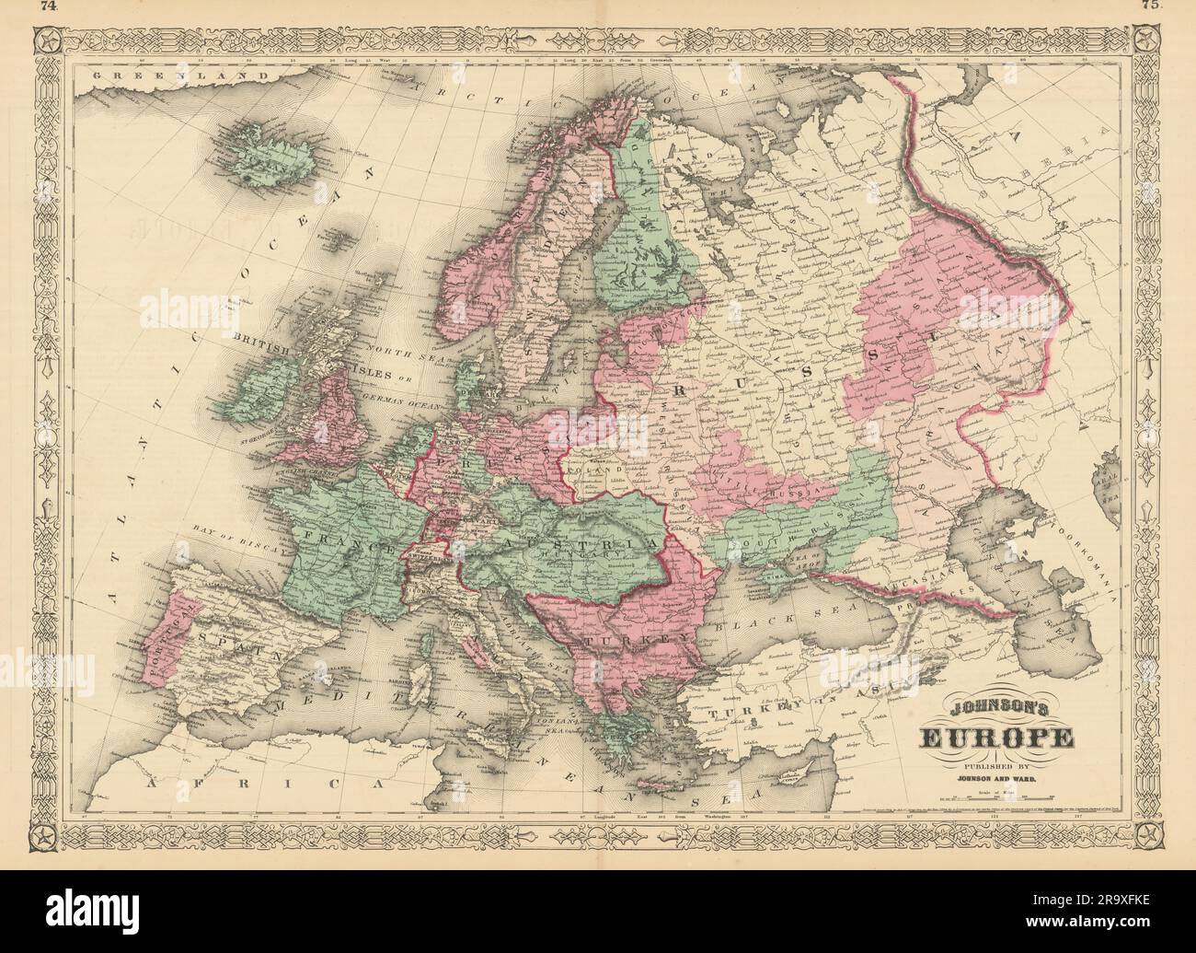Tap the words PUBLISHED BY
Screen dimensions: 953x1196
(997, 764)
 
